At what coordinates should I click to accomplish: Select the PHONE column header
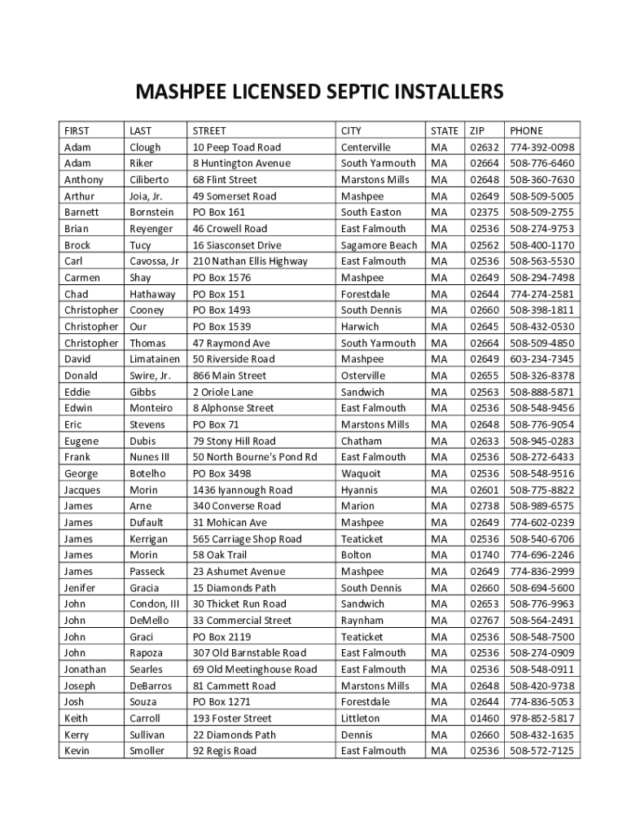526,130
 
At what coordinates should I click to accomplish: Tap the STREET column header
209,130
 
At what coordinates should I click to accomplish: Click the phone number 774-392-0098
542,147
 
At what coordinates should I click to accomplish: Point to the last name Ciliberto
149,180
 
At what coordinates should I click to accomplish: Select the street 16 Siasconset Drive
237,245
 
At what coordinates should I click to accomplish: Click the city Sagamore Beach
379,245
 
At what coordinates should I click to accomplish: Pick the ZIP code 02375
484,213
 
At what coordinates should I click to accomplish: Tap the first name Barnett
81,213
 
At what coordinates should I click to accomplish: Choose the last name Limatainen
155,359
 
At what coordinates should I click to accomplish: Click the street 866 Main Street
230,375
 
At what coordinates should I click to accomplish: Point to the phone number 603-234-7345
542,359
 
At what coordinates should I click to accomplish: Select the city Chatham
362,441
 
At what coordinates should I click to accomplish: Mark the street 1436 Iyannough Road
242,489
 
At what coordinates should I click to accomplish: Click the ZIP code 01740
484,555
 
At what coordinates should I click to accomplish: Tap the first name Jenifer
80,587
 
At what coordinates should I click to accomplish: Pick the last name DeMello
150,620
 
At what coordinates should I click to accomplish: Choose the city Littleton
360,718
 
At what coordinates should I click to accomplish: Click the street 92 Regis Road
224,751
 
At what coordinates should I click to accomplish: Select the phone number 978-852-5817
542,718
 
